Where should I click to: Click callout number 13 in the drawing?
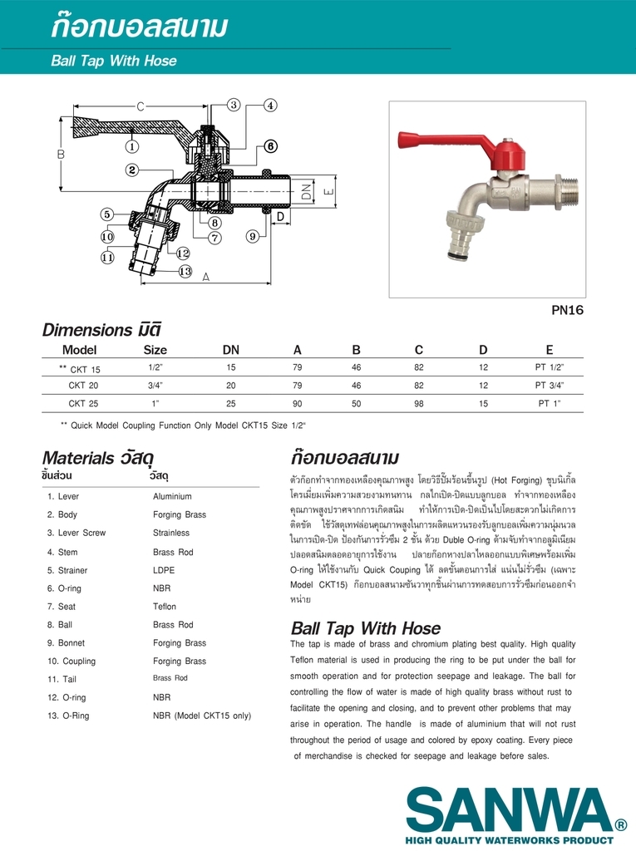[x=185, y=271]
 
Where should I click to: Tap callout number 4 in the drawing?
[x=271, y=106]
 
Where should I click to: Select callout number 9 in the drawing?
[x=252, y=237]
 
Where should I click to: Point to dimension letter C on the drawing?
[x=141, y=106]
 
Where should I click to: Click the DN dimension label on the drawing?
[x=306, y=194]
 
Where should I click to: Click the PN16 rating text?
[x=568, y=310]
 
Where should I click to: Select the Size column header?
[x=155, y=350]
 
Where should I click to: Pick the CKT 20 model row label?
[x=83, y=386]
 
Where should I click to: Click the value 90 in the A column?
[x=298, y=404]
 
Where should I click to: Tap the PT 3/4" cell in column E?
[x=550, y=386]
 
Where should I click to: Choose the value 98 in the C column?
[x=419, y=404]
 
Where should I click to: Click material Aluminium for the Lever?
[x=172, y=497]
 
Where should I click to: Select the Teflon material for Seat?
[x=165, y=607]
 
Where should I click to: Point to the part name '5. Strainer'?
[x=67, y=570]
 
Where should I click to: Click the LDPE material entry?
[x=165, y=570]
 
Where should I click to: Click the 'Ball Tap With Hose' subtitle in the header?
[x=114, y=61]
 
